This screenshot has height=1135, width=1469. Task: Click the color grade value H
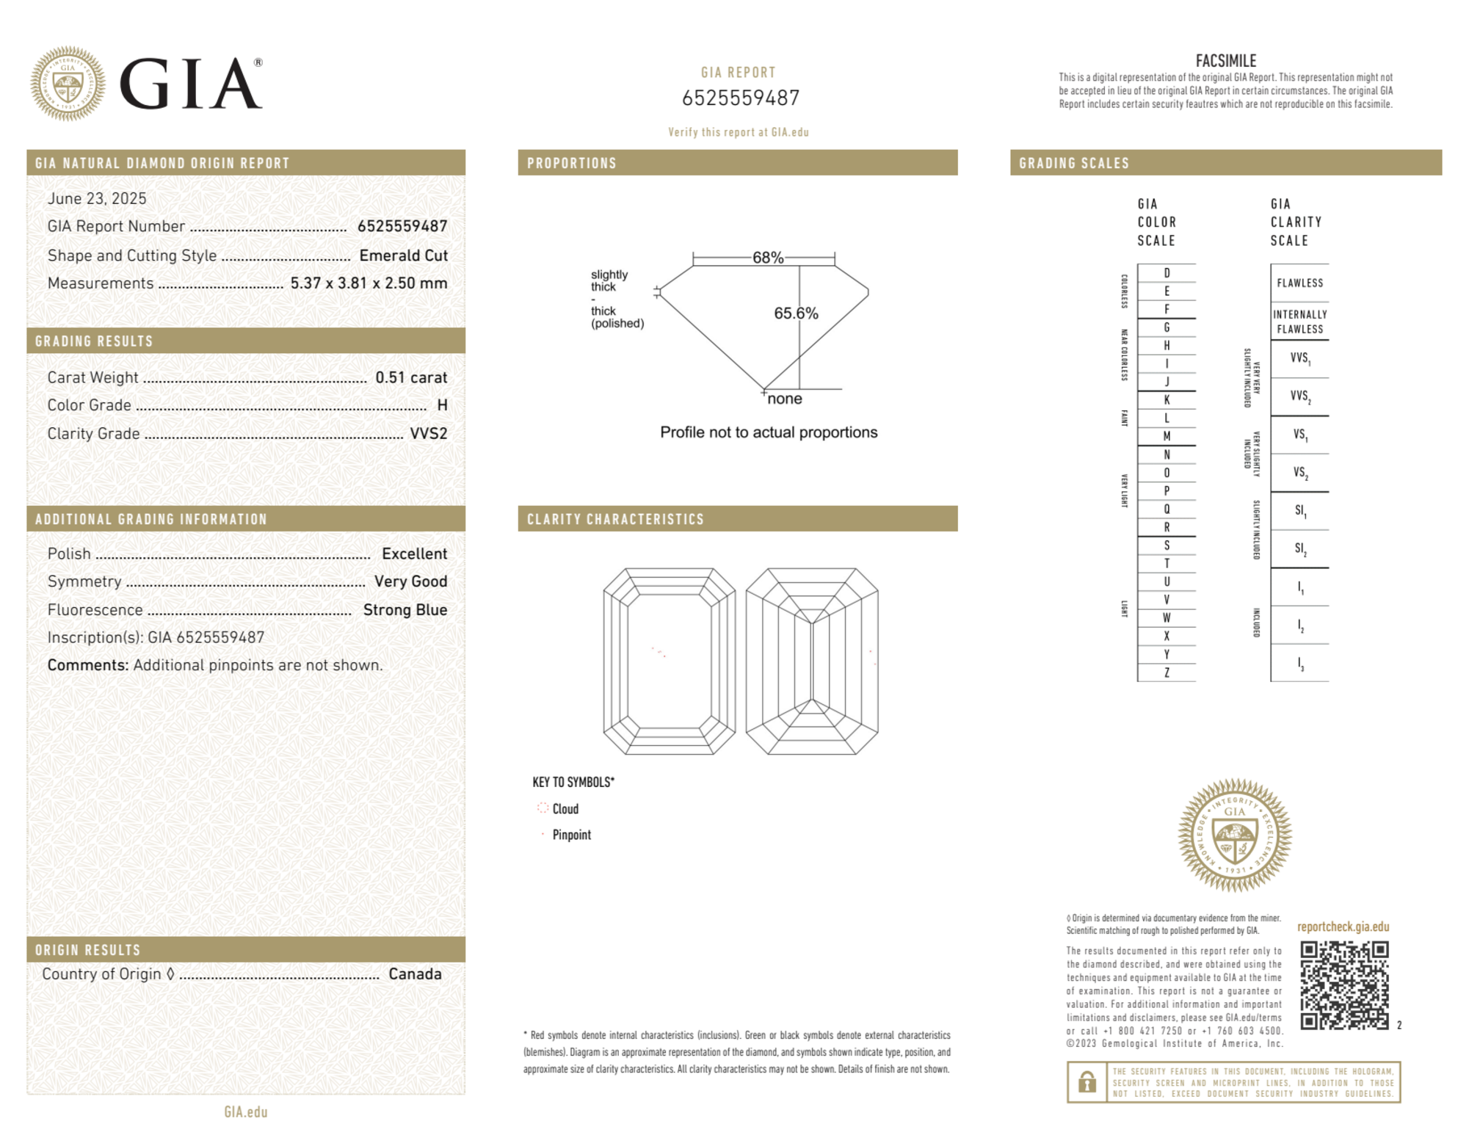pyautogui.click(x=442, y=405)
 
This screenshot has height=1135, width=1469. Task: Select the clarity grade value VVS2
pyautogui.click(x=428, y=434)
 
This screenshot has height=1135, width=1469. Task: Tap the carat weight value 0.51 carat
pyautogui.click(x=411, y=377)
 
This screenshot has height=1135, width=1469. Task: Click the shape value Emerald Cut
pyautogui.click(x=403, y=255)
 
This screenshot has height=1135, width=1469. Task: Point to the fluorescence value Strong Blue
pyautogui.click(x=405, y=610)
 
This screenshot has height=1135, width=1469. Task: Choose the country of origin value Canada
pyautogui.click(x=415, y=974)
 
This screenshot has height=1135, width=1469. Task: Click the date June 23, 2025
pyautogui.click(x=97, y=199)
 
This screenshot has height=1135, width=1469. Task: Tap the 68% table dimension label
pyautogui.click(x=767, y=258)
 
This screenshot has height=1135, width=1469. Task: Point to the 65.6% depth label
pyautogui.click(x=795, y=313)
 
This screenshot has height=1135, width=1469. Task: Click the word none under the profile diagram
pyautogui.click(x=784, y=399)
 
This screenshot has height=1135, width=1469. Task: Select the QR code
pyautogui.click(x=1343, y=985)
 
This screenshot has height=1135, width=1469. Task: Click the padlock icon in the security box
pyautogui.click(x=1087, y=1082)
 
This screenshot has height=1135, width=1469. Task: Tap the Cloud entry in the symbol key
pyautogui.click(x=565, y=809)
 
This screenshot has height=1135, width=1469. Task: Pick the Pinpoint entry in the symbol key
pyautogui.click(x=571, y=835)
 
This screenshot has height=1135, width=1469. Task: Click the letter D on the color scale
pyautogui.click(x=1167, y=273)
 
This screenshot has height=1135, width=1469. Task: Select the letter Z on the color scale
pyautogui.click(x=1167, y=672)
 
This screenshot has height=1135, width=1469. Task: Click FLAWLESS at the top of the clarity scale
pyautogui.click(x=1299, y=283)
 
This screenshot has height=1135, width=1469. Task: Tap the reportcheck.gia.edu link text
pyautogui.click(x=1343, y=927)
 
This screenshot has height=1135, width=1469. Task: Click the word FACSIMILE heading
pyautogui.click(x=1225, y=61)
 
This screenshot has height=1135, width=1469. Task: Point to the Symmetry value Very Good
pyautogui.click(x=410, y=581)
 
